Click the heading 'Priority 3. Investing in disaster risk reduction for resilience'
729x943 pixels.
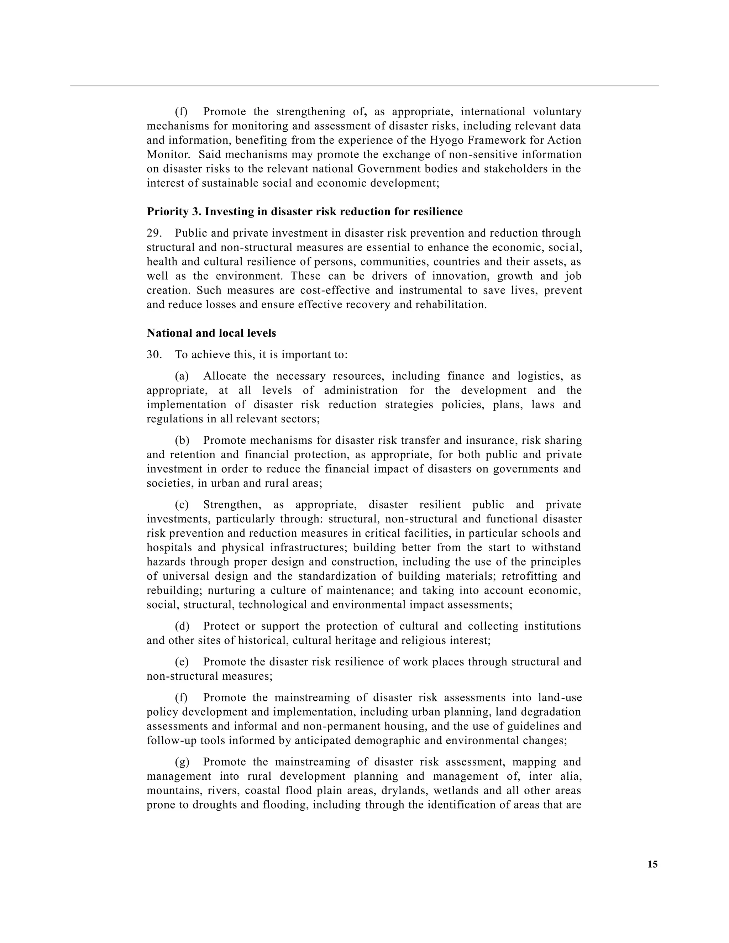pos(304,212)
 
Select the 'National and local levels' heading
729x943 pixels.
pos(211,333)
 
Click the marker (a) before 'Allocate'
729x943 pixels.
pos(182,376)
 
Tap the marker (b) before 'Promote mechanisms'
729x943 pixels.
pos(182,441)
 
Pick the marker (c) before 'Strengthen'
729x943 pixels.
pos(182,505)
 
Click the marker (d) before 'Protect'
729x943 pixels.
pos(182,626)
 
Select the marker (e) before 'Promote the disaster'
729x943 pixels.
pos(182,662)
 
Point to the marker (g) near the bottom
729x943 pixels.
pos(182,762)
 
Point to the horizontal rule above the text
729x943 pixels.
pos(364,86)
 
